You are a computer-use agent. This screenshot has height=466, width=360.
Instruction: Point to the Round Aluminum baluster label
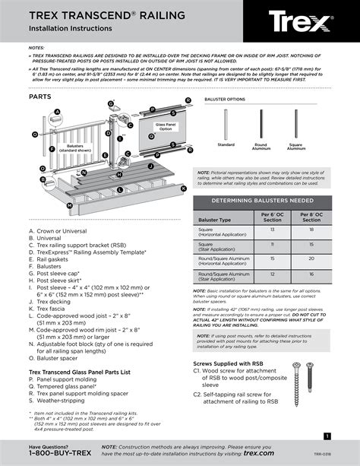[x=261, y=146]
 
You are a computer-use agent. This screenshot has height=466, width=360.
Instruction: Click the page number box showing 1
[x=326, y=436]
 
